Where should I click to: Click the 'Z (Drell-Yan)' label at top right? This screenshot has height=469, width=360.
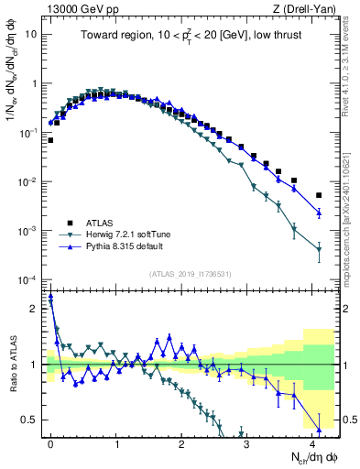[x=308, y=8]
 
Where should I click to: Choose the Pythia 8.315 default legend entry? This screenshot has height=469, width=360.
[x=127, y=247]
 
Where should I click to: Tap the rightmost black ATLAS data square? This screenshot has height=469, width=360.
[x=319, y=195]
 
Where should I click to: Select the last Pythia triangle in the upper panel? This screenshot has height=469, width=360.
[x=319, y=213]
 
